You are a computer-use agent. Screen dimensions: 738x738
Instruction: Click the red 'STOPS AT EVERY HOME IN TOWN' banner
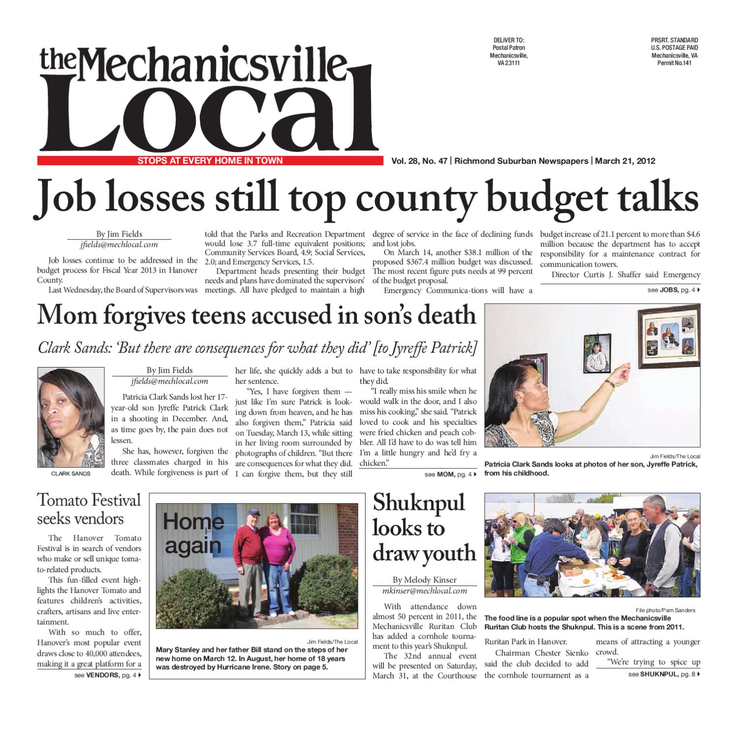tap(210, 161)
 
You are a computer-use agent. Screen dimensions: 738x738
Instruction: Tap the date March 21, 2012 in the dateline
tap(625, 161)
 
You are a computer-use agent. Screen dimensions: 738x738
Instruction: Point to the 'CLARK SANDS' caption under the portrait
tap(71, 473)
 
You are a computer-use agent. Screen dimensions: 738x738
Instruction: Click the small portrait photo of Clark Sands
tap(71, 418)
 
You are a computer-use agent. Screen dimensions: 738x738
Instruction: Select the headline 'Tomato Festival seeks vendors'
tap(89, 509)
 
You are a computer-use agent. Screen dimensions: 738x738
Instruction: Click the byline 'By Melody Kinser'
tap(424, 580)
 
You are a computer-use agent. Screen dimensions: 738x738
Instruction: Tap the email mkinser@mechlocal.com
tap(424, 590)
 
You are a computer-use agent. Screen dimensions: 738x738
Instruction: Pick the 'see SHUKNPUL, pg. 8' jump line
tap(664, 674)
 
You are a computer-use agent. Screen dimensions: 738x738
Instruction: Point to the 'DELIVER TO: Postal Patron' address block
tap(509, 51)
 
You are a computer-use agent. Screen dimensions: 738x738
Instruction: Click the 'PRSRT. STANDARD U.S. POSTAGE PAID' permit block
tap(674, 51)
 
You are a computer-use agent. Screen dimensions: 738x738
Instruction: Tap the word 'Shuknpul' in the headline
tap(419, 503)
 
